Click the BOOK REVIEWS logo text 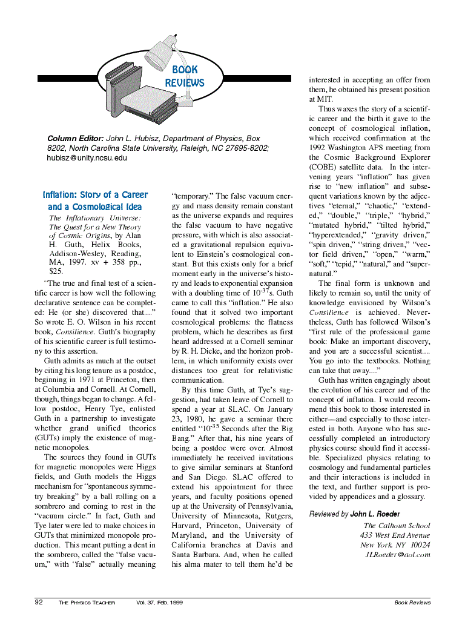pos(185,76)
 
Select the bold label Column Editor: pos(76,139)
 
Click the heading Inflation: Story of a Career pos(95,195)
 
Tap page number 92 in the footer pos(39,603)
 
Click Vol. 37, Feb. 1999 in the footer pos(160,603)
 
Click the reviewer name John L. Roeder pos(375,514)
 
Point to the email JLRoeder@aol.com pos(397,555)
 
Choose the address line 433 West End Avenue pos(395,535)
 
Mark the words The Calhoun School pos(397,526)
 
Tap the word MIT pos(316,99)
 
